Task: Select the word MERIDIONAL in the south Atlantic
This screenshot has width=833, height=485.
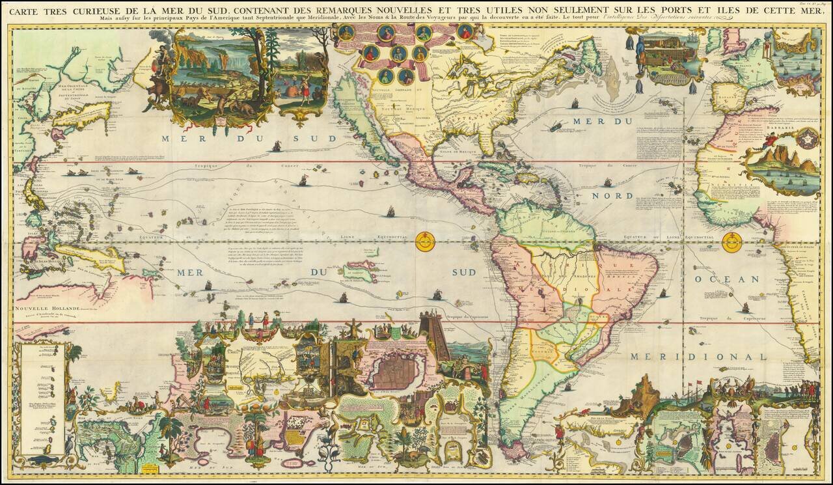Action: [x=698, y=357]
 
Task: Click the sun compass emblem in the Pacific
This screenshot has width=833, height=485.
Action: [x=425, y=242]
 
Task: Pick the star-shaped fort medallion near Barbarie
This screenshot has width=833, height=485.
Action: [x=808, y=138]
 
